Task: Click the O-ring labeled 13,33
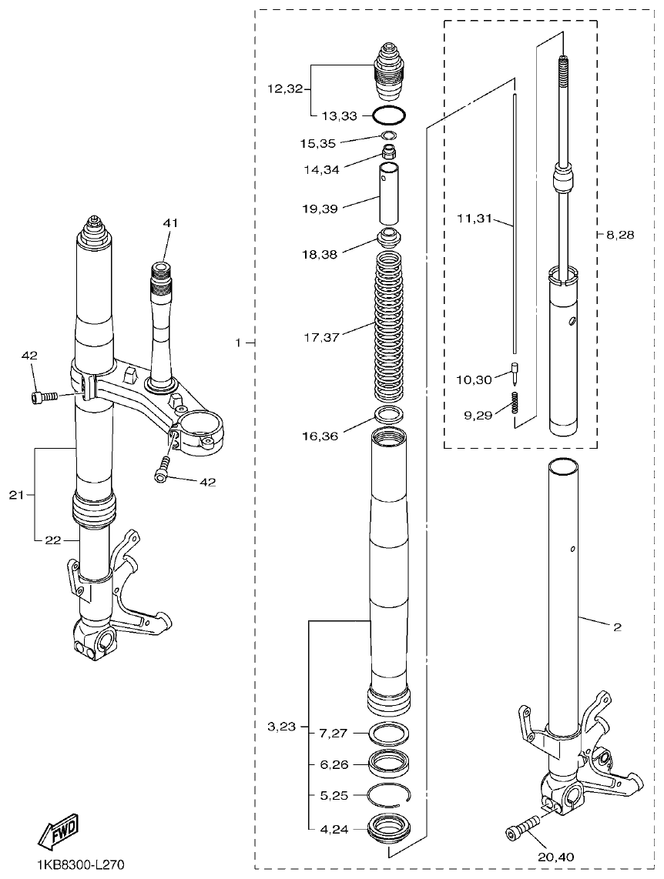click(389, 116)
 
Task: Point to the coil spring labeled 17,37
click(389, 328)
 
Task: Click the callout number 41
click(170, 223)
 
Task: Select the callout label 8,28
click(620, 235)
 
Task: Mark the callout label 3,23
click(283, 726)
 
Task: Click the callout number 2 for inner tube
click(616, 627)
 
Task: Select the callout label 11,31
click(474, 219)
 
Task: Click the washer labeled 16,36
click(389, 416)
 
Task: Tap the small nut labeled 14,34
click(390, 149)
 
